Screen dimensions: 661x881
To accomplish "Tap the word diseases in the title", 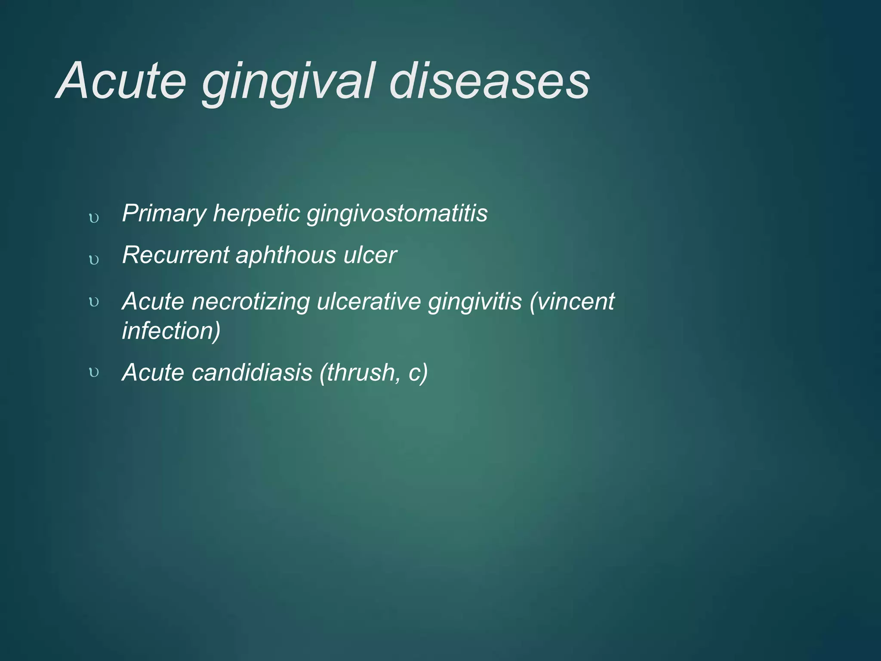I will pyautogui.click(x=490, y=82).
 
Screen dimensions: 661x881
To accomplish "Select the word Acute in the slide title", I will pyautogui.click(x=122, y=82).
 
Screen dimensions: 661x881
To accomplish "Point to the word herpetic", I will pyautogui.click(x=256, y=213).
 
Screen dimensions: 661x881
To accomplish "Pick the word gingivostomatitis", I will pyautogui.click(x=397, y=213).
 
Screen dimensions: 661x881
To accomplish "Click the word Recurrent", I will pyautogui.click(x=175, y=255).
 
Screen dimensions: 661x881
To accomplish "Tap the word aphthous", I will pyautogui.click(x=286, y=255).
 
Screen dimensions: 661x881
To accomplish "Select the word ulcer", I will pyautogui.click(x=370, y=255).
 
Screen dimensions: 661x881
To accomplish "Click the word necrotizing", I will pyautogui.click(x=250, y=302).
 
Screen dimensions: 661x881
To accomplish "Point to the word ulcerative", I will pyautogui.click(x=369, y=302).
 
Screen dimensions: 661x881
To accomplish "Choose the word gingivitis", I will pyautogui.click(x=474, y=302).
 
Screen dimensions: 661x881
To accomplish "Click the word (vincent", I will pyautogui.click(x=572, y=302).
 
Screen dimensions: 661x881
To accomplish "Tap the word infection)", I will pyautogui.click(x=171, y=331).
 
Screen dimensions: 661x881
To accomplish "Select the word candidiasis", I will pyautogui.click(x=252, y=372).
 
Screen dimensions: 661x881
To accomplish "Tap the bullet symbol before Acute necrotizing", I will pyautogui.click(x=94, y=302).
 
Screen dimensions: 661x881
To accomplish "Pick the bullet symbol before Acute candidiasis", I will pyautogui.click(x=94, y=373).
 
